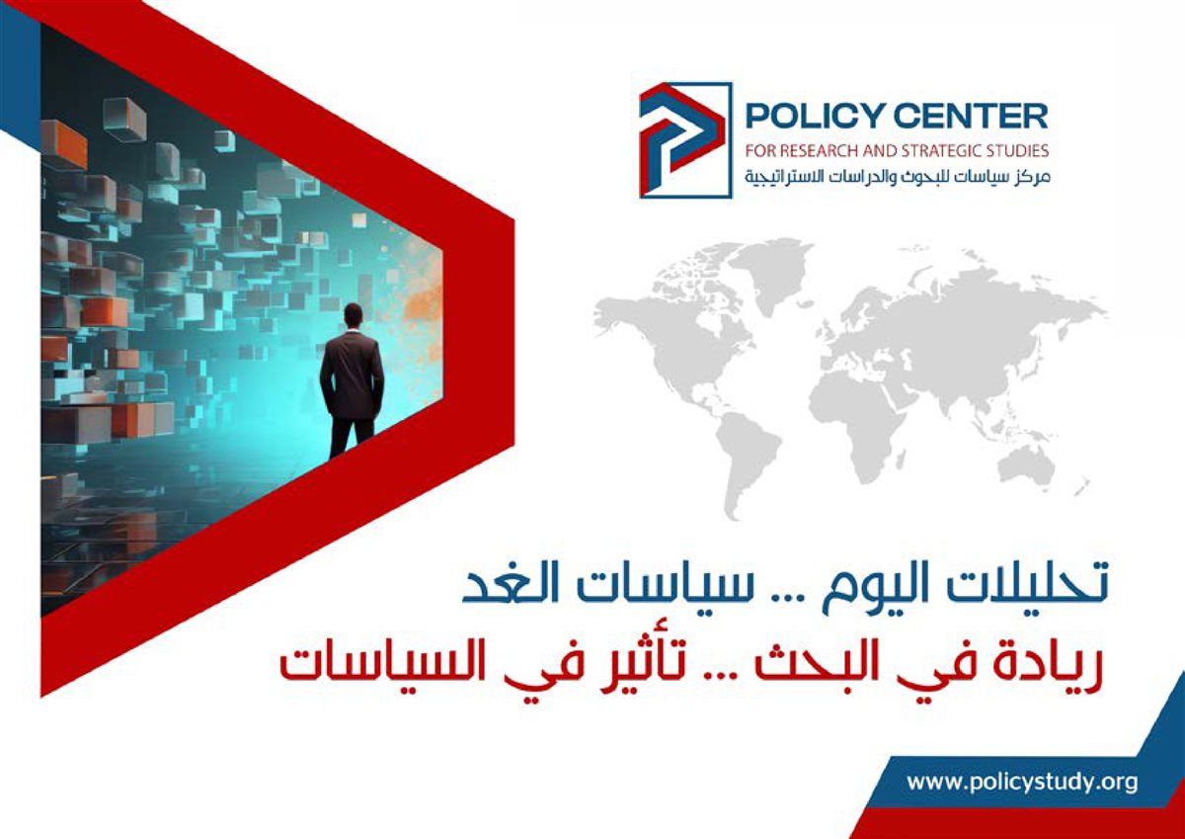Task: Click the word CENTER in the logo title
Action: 973,116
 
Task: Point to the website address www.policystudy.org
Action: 1022,782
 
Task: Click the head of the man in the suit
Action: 353,316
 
